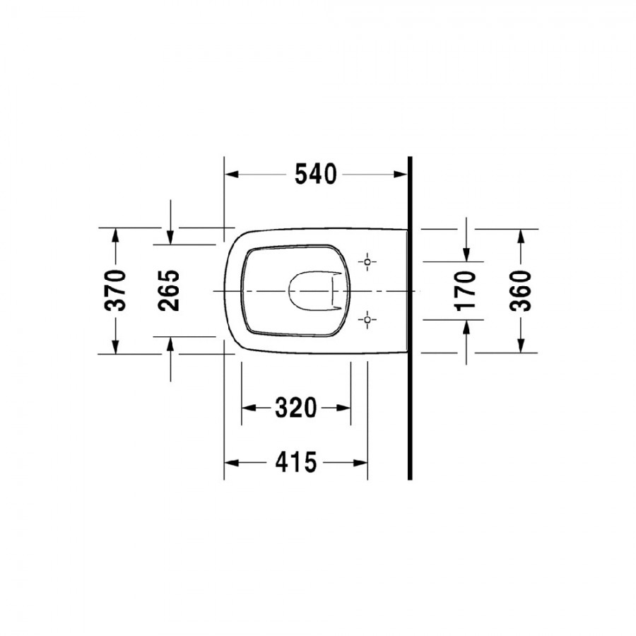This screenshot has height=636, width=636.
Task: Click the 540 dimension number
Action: (316, 175)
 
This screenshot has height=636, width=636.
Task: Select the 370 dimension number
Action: (115, 290)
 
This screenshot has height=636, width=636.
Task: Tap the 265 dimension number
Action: (169, 290)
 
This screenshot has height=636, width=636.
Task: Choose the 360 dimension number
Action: (520, 291)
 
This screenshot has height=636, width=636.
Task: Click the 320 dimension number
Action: (295, 408)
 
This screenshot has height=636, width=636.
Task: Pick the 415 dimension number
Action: (295, 462)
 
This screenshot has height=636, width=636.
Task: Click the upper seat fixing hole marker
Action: (367, 261)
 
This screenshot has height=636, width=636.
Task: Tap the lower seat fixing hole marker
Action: (367, 319)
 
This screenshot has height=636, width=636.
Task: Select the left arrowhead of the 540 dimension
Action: (232, 175)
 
